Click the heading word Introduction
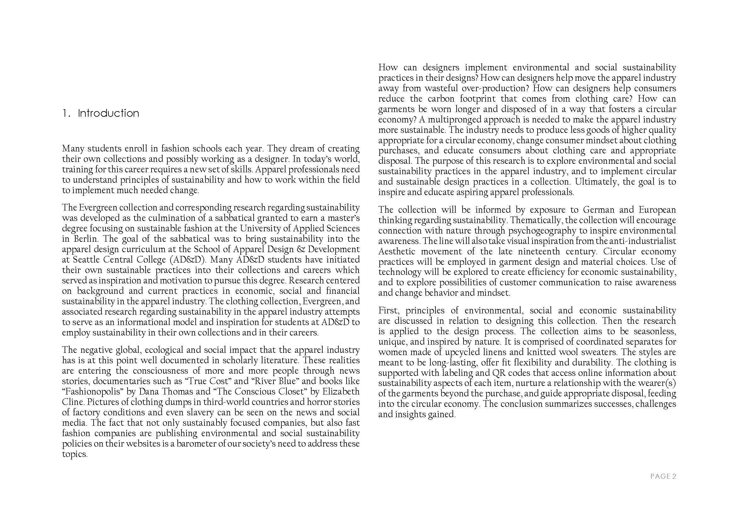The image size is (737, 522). click(x=108, y=113)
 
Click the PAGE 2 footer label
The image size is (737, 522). click(x=663, y=476)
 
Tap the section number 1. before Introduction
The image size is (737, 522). click(x=66, y=113)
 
